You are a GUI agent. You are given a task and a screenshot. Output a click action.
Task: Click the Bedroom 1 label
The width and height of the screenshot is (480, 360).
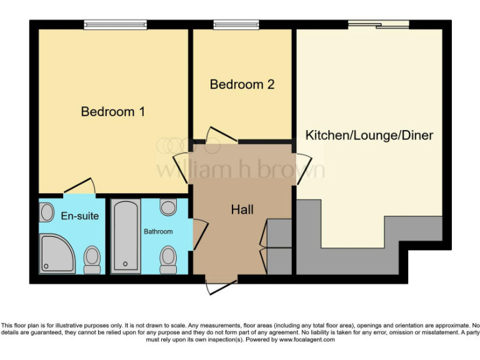(x=113, y=112)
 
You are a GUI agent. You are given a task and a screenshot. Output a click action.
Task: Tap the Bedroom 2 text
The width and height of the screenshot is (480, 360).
(x=242, y=84)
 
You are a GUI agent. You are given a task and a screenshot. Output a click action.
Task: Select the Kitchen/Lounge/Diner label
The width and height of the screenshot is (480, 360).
(x=369, y=135)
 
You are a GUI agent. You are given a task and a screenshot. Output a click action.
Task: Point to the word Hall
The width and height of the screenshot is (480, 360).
(x=242, y=209)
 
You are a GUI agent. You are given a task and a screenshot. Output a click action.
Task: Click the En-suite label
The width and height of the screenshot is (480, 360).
(x=79, y=216)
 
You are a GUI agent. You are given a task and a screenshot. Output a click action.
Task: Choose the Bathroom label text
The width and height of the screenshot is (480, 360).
(x=158, y=231)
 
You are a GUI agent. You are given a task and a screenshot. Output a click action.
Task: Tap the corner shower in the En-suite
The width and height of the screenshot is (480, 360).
(x=58, y=254)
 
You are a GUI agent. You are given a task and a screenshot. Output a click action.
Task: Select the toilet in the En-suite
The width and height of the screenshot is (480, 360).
(x=92, y=258)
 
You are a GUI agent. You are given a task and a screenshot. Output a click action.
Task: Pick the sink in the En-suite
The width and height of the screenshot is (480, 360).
(x=47, y=212)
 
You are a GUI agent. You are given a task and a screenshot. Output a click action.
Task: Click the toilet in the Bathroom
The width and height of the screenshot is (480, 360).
(x=167, y=259)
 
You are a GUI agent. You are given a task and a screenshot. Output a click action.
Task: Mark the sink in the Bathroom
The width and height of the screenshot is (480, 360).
(x=167, y=207)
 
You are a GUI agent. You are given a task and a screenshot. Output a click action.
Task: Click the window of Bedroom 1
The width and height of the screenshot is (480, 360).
(x=116, y=25)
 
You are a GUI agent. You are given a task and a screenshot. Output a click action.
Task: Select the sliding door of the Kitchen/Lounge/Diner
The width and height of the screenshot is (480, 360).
(x=378, y=24)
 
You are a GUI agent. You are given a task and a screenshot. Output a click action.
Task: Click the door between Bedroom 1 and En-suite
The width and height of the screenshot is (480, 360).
(x=79, y=186)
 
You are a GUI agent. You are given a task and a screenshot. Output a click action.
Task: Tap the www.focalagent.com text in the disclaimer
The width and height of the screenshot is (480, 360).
(x=307, y=340)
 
